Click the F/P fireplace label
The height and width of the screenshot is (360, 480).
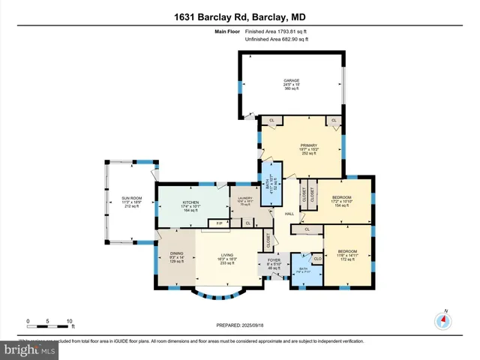click(220, 223)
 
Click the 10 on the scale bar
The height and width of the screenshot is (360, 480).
click(69, 320)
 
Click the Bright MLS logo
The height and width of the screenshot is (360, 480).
click(28, 349)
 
